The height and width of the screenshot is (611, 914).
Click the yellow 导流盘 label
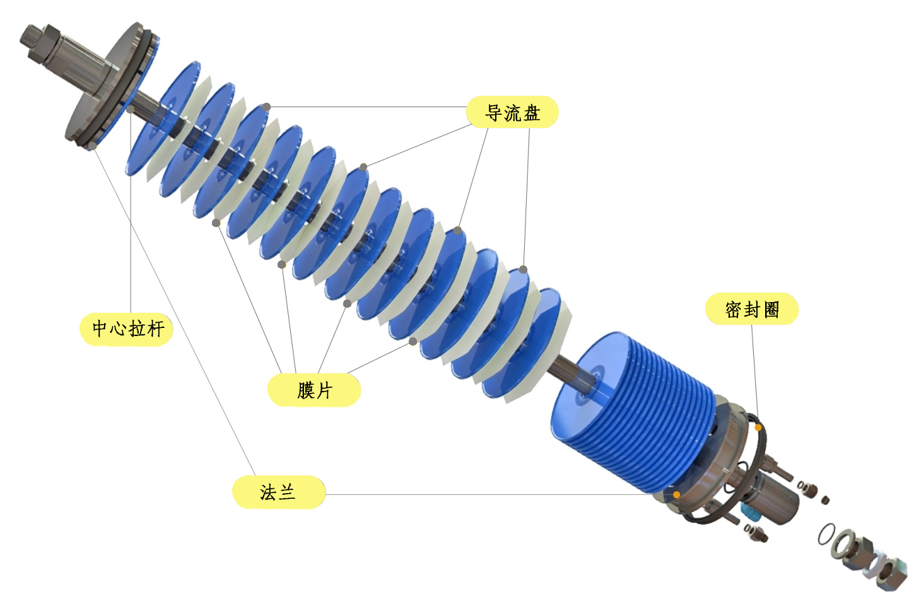[x=512, y=112]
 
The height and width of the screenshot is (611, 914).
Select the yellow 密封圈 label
[x=752, y=309]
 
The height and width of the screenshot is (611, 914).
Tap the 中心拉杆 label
[x=127, y=329]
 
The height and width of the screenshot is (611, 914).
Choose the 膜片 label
[x=314, y=390]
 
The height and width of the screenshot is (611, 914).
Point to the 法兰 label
[x=279, y=492]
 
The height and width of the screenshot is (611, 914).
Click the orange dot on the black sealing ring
[x=758, y=428]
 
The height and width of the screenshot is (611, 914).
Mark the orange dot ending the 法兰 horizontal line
[x=676, y=495]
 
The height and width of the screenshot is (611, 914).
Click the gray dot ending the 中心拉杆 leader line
[x=130, y=109]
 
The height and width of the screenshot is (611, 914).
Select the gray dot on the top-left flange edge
[x=93, y=146]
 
